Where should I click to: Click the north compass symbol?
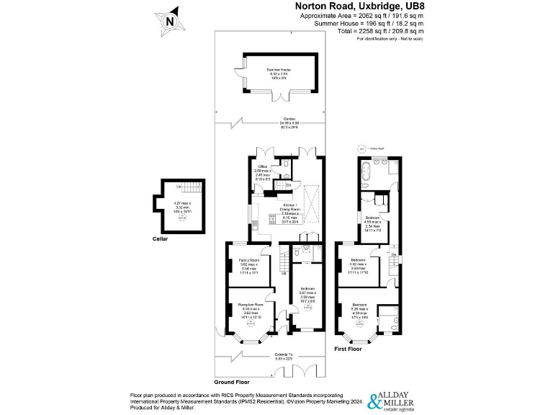click(169, 20)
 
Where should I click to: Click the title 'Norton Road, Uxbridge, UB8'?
click(359, 6)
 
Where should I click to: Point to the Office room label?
click(262, 171)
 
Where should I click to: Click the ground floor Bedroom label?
click(307, 293)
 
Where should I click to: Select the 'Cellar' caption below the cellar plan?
click(160, 238)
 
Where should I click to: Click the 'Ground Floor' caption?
click(231, 381)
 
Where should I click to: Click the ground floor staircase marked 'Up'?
click(284, 260)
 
